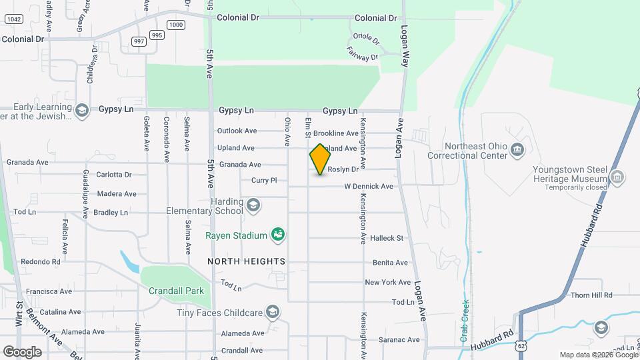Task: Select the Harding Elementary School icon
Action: tap(253, 205)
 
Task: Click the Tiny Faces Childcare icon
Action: tap(272, 312)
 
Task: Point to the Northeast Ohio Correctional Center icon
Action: tap(517, 151)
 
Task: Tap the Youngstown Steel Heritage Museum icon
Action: tap(617, 177)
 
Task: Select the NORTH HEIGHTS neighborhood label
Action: tap(246, 261)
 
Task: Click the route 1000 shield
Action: tap(176, 25)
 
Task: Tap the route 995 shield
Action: tap(157, 35)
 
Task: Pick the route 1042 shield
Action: tap(13, 19)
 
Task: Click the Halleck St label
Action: tap(387, 238)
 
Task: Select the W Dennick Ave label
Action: tap(369, 187)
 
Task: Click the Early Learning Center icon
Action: tap(82, 111)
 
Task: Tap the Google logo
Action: tap(22, 351)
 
